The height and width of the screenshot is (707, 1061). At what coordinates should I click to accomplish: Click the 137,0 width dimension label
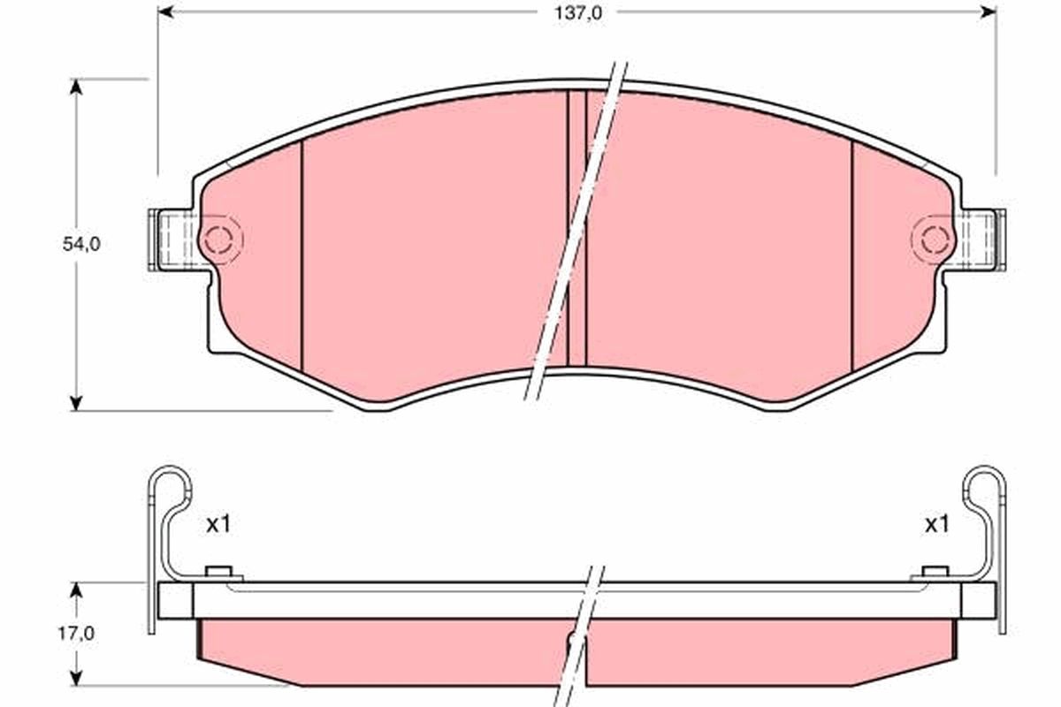578,13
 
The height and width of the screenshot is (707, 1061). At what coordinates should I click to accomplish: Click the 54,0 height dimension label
81,244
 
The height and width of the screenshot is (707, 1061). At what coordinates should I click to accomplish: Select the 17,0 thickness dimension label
76,633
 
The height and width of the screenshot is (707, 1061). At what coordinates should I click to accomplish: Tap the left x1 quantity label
218,525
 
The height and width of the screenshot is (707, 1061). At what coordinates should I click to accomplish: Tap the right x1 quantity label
937,525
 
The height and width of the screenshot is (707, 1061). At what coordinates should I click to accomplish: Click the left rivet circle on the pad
218,239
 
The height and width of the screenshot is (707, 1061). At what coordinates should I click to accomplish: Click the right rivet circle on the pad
935,239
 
